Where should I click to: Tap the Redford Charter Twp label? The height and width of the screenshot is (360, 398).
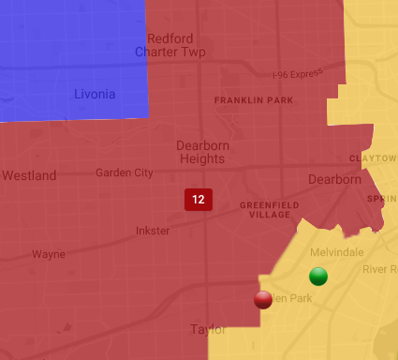[170, 45]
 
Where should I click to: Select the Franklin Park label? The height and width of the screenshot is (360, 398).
[248, 99]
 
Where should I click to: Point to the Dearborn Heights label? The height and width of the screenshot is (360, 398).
[200, 152]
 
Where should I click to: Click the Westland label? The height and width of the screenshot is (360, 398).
[29, 175]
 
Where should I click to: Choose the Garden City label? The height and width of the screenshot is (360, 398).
[124, 172]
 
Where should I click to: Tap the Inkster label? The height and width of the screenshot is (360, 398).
[153, 231]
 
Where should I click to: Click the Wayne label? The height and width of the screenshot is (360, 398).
[49, 254]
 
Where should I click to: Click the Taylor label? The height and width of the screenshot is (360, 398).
[208, 329]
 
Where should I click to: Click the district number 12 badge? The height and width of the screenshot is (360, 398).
[198, 200]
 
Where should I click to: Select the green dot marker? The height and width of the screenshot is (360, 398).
[318, 276]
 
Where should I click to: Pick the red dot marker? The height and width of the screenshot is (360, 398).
[263, 299]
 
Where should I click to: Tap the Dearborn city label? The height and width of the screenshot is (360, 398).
[334, 179]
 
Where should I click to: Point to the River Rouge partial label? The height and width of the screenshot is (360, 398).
[379, 269]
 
